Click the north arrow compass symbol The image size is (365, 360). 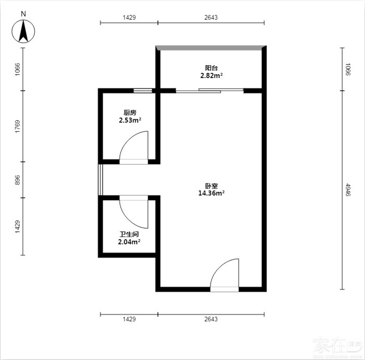[x=23, y=31]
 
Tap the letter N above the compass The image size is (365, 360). [x=23, y=14]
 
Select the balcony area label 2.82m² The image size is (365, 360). [x=212, y=76]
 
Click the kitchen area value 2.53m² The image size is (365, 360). [x=130, y=120]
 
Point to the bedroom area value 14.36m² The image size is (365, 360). [x=211, y=193]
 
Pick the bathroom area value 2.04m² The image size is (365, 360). [x=129, y=242]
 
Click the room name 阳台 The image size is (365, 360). [x=211, y=68]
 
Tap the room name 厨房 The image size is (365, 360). [x=130, y=113]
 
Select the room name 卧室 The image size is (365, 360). [x=211, y=186]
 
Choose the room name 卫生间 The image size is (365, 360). [x=129, y=234]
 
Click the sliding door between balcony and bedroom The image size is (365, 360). [x=210, y=91]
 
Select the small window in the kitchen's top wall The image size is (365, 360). [x=143, y=91]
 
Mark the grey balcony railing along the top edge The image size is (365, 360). [x=211, y=48]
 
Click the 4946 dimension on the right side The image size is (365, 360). [x=348, y=190]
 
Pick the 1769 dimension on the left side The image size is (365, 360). [x=18, y=127]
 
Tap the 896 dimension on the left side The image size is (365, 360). [x=18, y=180]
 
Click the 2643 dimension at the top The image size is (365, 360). [x=211, y=17]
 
